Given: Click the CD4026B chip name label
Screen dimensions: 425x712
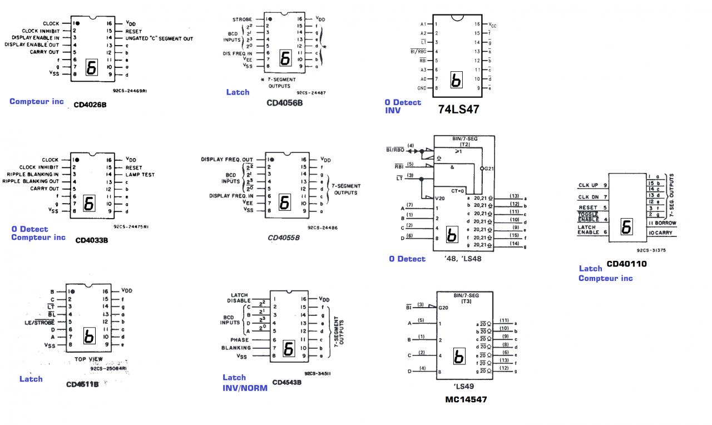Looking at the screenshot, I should pos(90,105).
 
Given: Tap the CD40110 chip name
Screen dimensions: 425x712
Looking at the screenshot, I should pos(626,264).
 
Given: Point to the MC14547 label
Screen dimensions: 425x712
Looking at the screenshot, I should pos(466,399).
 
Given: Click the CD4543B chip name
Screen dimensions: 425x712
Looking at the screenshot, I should pos(287,383).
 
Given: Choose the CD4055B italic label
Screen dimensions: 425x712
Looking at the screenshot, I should pos(284,238).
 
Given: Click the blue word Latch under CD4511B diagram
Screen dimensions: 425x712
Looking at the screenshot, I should pos(31,379).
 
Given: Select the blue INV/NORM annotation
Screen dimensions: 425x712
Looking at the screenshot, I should pos(245,388).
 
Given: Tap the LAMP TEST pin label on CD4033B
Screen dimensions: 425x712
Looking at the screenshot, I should pos(140,175).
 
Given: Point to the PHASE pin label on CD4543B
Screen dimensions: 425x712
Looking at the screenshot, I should pos(239,340).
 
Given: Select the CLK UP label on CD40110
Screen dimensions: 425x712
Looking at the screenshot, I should pos(588,185).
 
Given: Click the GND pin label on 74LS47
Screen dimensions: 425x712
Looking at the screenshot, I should pos(423,88).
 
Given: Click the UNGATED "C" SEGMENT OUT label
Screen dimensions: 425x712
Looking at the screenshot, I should pos(159,38).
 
